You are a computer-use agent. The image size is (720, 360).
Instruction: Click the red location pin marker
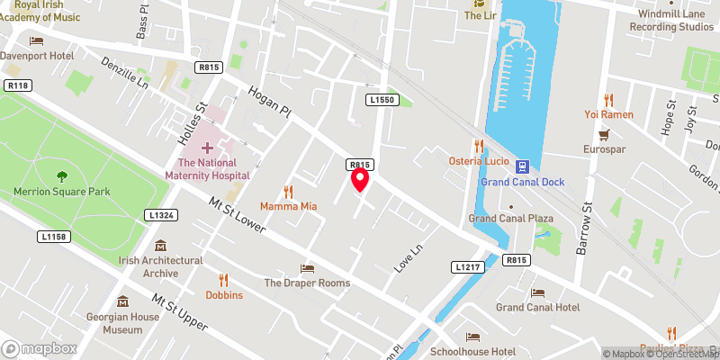coord(360,179)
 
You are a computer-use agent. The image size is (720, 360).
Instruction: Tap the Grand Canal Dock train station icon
coord(522,166)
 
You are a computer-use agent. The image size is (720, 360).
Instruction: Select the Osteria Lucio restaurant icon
coord(479,145)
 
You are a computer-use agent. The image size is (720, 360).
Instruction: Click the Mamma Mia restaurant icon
coord(289,191)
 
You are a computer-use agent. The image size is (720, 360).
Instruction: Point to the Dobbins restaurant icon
coord(224,279)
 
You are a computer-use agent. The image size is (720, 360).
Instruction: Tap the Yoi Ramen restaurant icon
coord(609,99)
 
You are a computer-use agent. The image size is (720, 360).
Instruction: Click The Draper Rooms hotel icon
coord(307,268)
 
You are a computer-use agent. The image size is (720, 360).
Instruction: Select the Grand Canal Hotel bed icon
coord(537,292)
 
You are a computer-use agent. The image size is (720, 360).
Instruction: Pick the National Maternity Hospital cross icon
coord(208,147)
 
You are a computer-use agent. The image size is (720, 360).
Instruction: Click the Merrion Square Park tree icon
coord(61,176)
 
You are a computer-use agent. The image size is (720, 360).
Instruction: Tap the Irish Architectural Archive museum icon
coord(161,245)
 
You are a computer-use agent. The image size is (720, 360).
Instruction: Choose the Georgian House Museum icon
coord(122,301)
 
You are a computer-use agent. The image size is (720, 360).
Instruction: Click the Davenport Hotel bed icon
coord(36,40)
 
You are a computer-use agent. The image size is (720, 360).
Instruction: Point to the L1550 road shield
coord(382,99)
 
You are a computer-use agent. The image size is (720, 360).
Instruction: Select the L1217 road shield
coord(467,267)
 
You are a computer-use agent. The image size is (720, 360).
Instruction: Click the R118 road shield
coord(16,85)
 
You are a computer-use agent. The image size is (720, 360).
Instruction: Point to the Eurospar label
coord(603,148)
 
